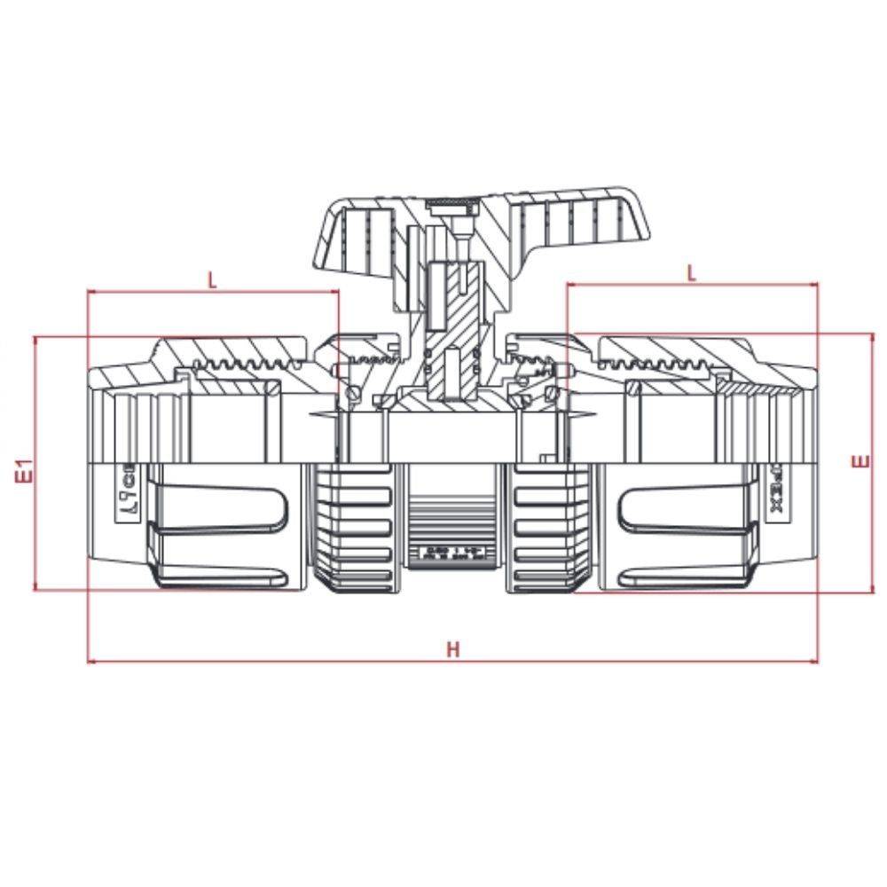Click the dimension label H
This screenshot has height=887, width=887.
(x=453, y=648)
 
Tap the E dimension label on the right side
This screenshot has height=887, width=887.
(x=858, y=462)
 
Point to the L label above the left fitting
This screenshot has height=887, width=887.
(x=212, y=280)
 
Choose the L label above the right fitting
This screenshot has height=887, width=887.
(x=692, y=272)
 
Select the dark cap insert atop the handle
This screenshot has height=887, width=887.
(x=452, y=206)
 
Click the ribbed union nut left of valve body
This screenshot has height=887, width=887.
(x=354, y=527)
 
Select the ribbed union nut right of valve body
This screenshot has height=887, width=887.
(x=540, y=527)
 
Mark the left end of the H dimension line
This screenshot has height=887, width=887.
(x=88, y=662)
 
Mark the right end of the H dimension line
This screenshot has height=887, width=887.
(x=818, y=662)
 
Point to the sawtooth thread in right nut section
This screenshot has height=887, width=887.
(x=656, y=363)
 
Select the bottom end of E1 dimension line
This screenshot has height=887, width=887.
(x=35, y=587)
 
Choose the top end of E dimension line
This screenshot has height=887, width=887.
(x=874, y=334)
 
